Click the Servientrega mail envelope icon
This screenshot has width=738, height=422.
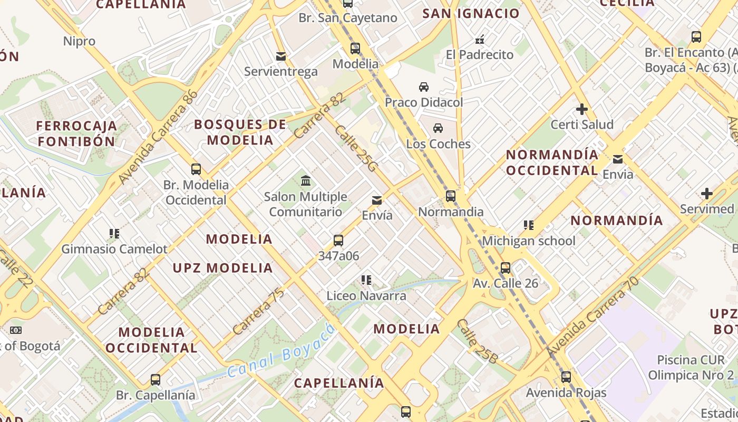click(x=281, y=56)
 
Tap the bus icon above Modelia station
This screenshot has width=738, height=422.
click(x=355, y=49)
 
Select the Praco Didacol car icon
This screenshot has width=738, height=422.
click(x=424, y=87)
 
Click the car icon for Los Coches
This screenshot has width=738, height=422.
click(x=438, y=128)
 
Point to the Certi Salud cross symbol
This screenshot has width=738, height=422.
click(x=582, y=109)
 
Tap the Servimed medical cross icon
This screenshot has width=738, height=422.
click(x=707, y=194)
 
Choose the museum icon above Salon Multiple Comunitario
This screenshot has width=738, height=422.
click(x=305, y=181)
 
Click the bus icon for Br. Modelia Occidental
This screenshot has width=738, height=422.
click(x=196, y=169)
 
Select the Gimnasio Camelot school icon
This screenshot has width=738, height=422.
click(x=114, y=233)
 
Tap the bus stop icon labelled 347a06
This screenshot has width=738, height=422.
click(x=338, y=241)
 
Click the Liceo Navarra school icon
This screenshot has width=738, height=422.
click(x=366, y=280)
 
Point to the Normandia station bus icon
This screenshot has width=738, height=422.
click(x=451, y=196)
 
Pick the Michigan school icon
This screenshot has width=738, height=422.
click(x=529, y=225)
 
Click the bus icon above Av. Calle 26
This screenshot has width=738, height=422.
click(x=506, y=267)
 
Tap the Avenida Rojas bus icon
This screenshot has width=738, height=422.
click(x=566, y=377)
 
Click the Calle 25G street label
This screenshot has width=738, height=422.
click(x=356, y=149)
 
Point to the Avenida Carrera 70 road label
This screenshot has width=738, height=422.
click(x=593, y=317)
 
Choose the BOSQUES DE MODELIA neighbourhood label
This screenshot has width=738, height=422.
click(x=240, y=132)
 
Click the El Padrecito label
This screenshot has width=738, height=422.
click(x=479, y=55)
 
